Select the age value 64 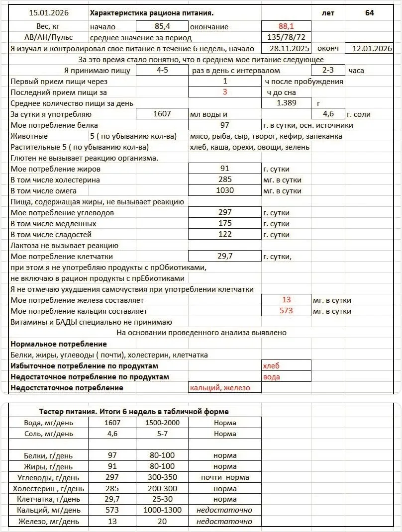point(369,12)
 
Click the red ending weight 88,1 point(286,26)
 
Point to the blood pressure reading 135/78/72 point(286,38)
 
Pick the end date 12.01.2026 point(372,49)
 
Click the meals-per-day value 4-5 point(162,71)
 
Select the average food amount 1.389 point(286,103)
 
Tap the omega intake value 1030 point(225,190)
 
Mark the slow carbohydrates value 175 point(225,223)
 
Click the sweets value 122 point(225,234)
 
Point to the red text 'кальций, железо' point(220,388)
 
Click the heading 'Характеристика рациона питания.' point(155,12)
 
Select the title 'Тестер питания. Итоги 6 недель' point(134,412)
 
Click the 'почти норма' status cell point(225,477)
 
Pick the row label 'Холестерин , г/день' point(48,488)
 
